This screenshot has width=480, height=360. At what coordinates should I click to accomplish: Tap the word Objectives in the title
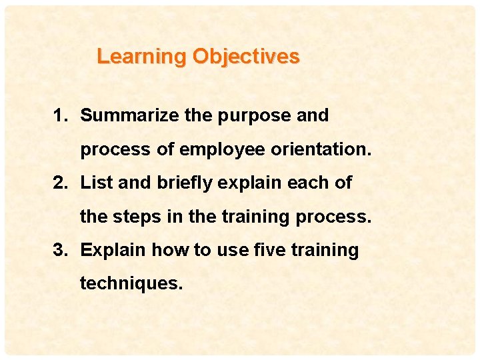[x=246, y=57]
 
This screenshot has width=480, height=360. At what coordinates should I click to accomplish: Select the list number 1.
[x=61, y=115]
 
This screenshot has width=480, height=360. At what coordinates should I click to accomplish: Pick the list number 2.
[x=61, y=183]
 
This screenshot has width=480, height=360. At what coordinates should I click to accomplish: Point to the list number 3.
[x=61, y=250]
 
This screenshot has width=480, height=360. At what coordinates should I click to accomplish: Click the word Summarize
[x=130, y=115]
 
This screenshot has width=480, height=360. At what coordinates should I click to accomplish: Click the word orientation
[x=320, y=149]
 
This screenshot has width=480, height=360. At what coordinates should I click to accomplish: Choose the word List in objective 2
[x=96, y=183]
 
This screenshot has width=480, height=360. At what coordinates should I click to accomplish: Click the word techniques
[x=131, y=284]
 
